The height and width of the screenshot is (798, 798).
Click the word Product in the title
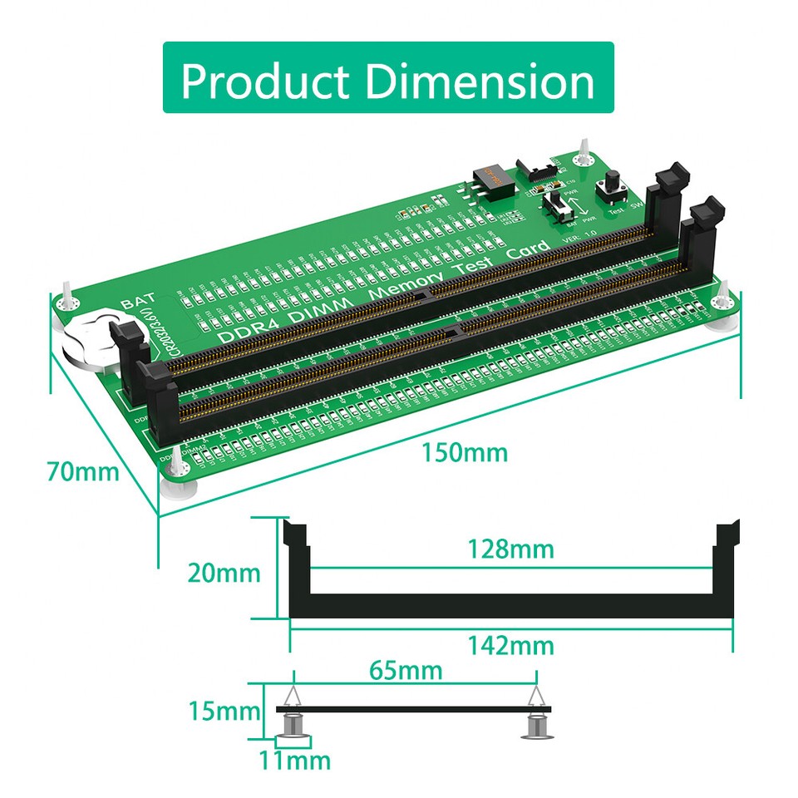267,81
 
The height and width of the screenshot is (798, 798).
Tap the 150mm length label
464,452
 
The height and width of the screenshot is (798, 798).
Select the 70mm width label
83,471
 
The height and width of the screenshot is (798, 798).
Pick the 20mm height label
224,573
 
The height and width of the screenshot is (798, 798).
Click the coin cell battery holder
90,337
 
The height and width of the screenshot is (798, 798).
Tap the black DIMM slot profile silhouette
510,604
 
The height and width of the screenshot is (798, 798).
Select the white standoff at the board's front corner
178,483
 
